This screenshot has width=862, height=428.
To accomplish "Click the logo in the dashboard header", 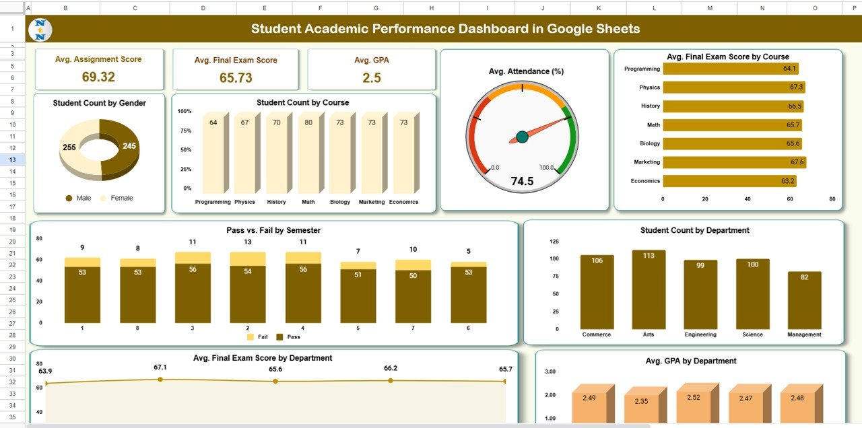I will (x=41, y=30).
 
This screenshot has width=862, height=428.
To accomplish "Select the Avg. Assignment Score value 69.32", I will (x=98, y=77).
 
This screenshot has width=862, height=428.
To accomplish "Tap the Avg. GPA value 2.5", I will (x=372, y=78).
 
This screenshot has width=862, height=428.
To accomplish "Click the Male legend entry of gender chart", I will (x=78, y=198).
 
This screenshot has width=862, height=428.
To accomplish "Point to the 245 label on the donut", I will (x=129, y=146).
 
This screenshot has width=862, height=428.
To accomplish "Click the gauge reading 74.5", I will (x=522, y=181).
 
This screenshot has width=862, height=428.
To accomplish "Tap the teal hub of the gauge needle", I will (x=522, y=137).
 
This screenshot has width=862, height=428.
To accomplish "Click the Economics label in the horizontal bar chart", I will (x=645, y=181).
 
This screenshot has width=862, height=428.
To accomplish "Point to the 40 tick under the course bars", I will (x=748, y=199).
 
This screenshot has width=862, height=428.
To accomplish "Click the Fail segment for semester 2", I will (x=248, y=259).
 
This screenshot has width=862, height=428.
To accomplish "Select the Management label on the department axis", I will (x=804, y=334).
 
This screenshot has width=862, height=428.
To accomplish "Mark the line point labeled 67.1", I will (x=160, y=380).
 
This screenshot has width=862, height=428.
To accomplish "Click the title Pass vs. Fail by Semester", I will (x=273, y=230).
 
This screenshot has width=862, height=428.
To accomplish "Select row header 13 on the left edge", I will (x=13, y=159).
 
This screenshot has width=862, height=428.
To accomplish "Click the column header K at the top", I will (x=597, y=7).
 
